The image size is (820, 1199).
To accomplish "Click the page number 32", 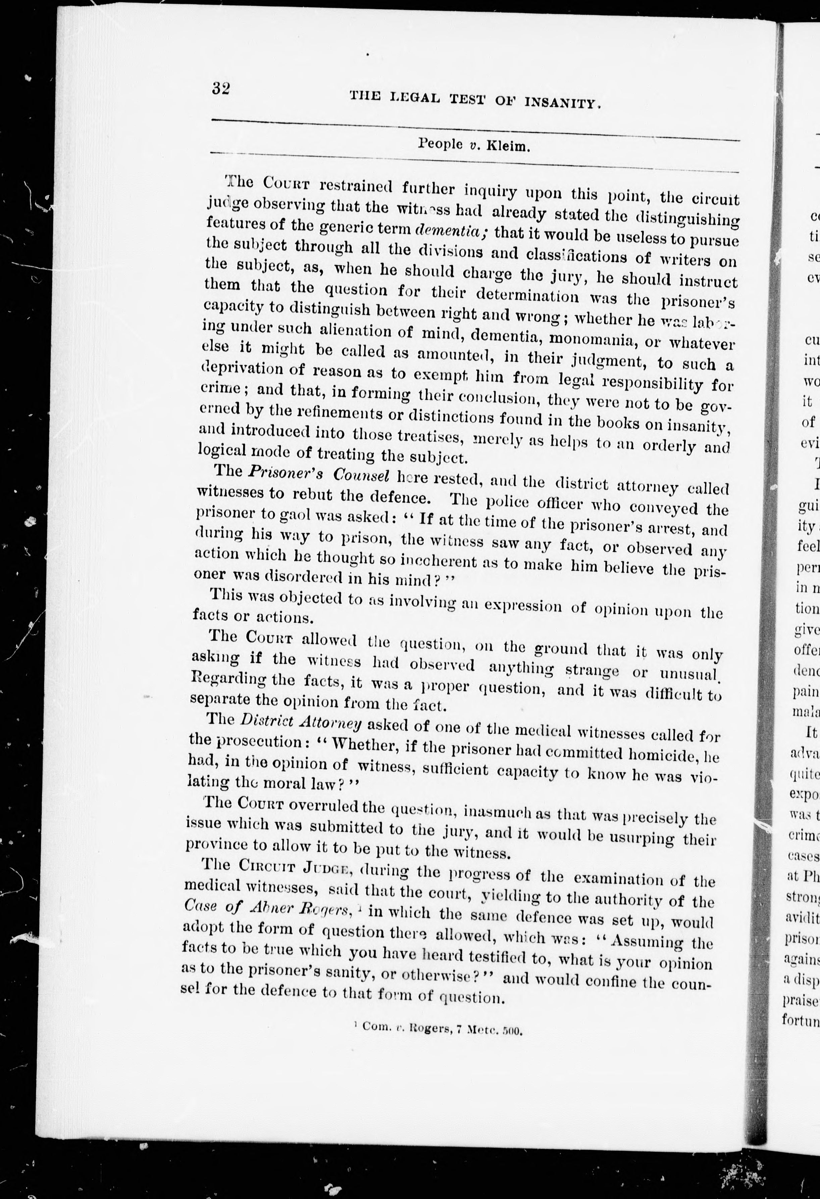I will coord(220,89).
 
